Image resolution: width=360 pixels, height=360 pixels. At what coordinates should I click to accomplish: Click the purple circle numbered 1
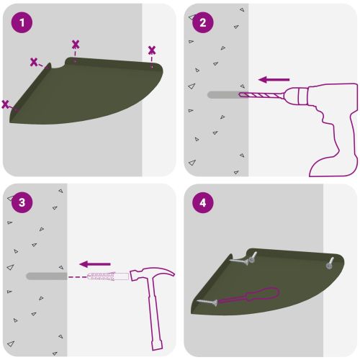tap(22, 22)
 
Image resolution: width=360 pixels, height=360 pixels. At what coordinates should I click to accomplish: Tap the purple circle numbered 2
tap(203, 22)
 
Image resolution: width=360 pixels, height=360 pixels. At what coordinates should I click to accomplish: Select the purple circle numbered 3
tap(22, 202)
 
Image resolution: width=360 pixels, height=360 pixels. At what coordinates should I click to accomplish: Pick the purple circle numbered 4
tap(203, 202)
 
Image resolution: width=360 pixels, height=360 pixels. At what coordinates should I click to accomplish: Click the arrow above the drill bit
tap(274, 79)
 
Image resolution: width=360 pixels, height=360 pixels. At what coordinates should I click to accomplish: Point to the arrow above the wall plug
tap(95, 264)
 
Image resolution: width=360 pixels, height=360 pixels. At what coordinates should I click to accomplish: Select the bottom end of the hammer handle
tap(157, 345)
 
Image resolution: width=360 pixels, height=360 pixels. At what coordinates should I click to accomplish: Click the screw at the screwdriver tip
tap(207, 302)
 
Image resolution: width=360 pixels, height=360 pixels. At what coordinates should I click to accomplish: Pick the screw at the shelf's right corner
tap(329, 264)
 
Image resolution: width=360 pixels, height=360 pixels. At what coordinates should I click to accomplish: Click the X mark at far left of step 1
tap(5, 104)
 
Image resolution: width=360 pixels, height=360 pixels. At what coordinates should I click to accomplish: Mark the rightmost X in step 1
tap(152, 50)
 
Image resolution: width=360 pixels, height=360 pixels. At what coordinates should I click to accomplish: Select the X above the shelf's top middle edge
tap(76, 45)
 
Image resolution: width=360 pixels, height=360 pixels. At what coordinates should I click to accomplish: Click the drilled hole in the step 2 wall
tap(225, 95)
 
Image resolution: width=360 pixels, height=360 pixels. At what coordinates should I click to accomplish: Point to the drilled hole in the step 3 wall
tap(47, 276)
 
